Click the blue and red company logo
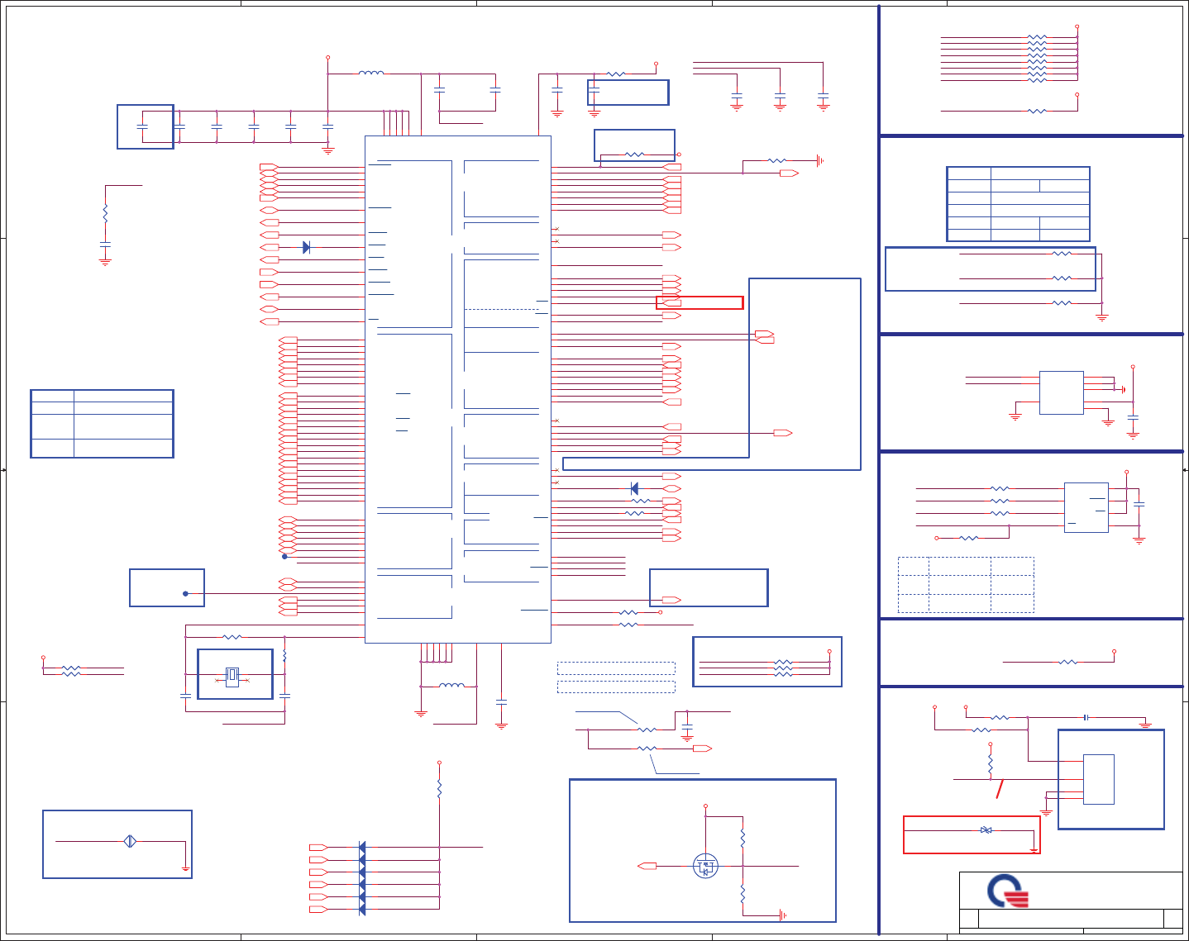[1008, 891]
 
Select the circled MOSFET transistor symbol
[705, 866]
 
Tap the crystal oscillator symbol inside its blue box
[232, 676]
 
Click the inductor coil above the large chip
[370, 74]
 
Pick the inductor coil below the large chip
[451, 686]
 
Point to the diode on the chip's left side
[306, 247]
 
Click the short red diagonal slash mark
[1000, 788]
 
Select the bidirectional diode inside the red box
[986, 829]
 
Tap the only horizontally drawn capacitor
[1086, 717]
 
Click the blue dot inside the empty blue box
[185, 593]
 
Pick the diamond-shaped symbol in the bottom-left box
[130, 842]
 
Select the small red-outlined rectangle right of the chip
[700, 302]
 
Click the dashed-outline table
[966, 585]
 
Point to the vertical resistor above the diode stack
[439, 789]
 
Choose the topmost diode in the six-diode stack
[362, 848]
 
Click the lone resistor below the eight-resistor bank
[1037, 111]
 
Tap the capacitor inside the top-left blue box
[142, 126]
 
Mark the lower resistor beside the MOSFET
[743, 893]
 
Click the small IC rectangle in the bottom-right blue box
[1098, 779]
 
